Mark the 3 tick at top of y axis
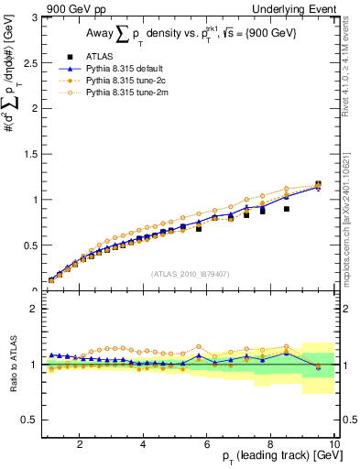pos(33,16)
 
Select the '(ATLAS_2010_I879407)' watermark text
pos(190,274)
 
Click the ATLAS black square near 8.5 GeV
pos(287,209)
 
